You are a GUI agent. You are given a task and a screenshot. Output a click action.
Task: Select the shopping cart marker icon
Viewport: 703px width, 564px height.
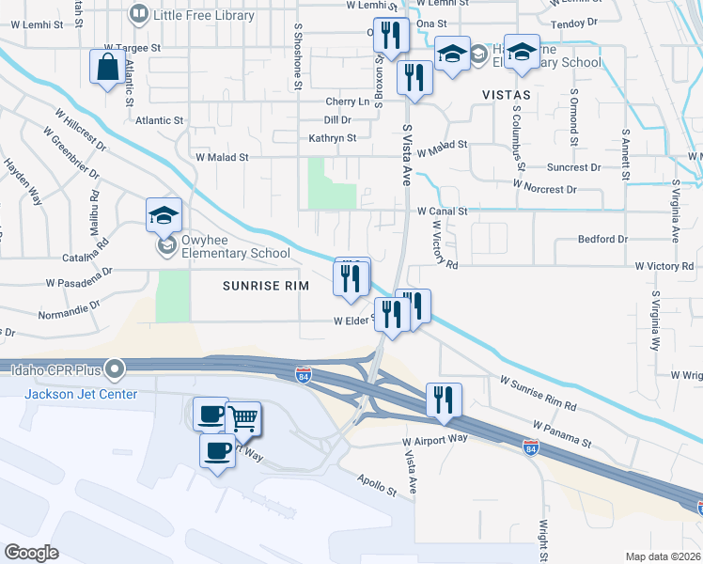click(243, 418)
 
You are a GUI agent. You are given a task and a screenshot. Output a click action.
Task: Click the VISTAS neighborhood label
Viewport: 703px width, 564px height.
click(507, 95)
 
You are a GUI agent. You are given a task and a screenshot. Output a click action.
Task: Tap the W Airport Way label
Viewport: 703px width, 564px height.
click(435, 439)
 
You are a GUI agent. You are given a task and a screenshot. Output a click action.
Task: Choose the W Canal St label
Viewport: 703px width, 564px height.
click(443, 211)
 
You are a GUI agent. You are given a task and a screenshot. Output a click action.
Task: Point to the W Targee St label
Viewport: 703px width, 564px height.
click(133, 46)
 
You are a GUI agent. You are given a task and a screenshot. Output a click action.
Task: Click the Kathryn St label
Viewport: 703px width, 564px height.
click(333, 138)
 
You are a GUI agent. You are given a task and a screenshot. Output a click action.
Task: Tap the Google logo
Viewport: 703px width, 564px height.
click(31, 553)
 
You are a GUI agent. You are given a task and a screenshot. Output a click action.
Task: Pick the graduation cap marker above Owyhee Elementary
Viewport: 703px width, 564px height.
click(164, 215)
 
